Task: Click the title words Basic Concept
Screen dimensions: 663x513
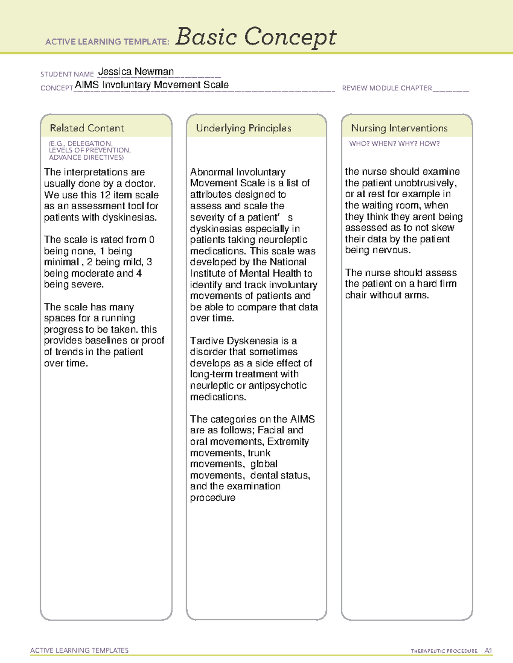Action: point(256,37)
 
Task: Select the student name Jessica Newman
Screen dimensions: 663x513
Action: point(136,71)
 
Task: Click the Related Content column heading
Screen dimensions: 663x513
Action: point(87,128)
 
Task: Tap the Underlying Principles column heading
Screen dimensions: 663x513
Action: point(243,128)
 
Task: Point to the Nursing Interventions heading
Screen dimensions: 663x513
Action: point(399,128)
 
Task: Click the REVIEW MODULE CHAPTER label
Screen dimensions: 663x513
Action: point(387,88)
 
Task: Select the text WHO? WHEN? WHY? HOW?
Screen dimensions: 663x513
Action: point(394,143)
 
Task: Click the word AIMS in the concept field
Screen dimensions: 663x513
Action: point(87,85)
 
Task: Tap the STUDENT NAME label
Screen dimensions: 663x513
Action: point(67,74)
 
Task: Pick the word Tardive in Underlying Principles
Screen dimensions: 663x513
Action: point(207,341)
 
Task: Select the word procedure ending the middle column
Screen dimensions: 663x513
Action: point(212,498)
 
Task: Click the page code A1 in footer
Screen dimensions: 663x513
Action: point(488,651)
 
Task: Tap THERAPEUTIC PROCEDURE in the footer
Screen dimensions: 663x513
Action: point(444,651)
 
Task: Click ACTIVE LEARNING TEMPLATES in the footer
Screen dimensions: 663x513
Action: point(80,650)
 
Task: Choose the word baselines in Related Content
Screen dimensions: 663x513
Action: point(106,340)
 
